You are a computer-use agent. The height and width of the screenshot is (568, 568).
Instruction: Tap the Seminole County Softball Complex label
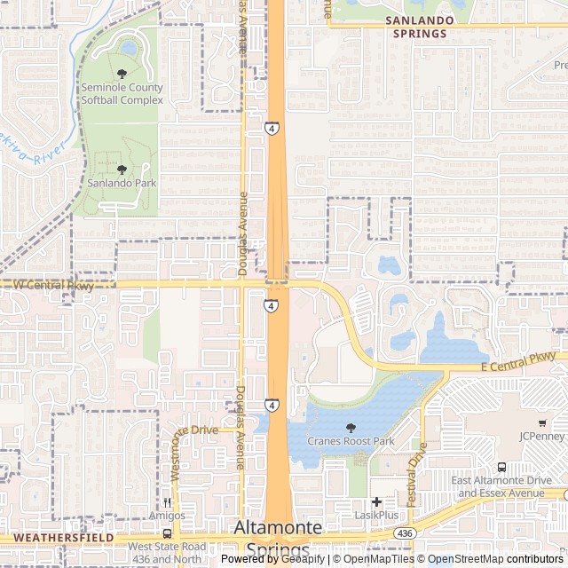pyautogui.click(x=122, y=94)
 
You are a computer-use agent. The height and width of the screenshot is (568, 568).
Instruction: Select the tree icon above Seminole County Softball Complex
pyautogui.click(x=122, y=74)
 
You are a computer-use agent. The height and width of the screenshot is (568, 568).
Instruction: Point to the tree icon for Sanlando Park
pyautogui.click(x=122, y=169)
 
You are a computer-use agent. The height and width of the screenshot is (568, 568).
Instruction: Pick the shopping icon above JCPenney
pyautogui.click(x=540, y=422)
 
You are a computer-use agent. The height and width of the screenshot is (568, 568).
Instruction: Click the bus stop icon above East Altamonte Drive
pyautogui.click(x=502, y=468)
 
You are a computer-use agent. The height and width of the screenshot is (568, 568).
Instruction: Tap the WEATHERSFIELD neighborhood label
pyautogui.click(x=63, y=537)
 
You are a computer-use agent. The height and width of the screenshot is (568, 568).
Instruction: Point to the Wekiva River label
pyautogui.click(x=27, y=153)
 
